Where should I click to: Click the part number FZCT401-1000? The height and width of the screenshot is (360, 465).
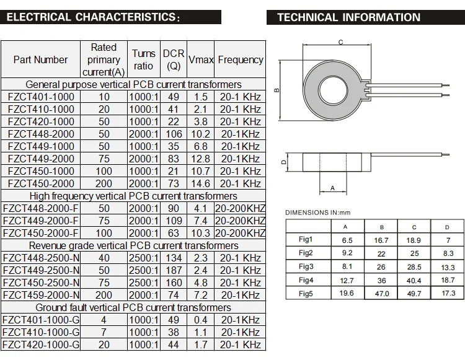point(41,97)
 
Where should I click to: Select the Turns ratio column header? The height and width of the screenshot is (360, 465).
point(143,59)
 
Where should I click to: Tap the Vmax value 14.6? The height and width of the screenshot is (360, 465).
point(200,183)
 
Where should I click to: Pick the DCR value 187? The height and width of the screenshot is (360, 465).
point(174,270)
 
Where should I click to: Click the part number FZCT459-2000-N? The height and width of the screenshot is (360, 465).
point(41,295)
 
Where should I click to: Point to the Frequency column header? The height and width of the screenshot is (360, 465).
point(241,59)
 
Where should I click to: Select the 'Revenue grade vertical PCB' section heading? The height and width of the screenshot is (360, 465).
point(133,245)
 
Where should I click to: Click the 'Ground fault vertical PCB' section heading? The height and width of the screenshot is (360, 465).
point(133,307)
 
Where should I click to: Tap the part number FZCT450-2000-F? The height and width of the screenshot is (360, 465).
point(41,233)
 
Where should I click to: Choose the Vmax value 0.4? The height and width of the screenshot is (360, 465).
point(200,320)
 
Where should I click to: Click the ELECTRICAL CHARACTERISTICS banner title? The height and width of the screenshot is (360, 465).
point(93,17)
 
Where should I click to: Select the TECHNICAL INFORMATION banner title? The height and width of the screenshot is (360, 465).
point(348,17)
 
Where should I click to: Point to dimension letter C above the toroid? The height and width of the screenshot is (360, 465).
point(341,42)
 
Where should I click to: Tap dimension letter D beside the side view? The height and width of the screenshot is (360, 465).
point(283,162)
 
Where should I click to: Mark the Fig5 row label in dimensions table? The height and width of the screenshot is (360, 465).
point(306,293)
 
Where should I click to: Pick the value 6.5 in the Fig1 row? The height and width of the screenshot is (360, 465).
point(348,240)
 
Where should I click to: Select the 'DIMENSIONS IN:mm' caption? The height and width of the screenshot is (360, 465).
point(318,213)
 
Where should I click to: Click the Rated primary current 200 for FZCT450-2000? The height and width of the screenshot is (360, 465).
point(104,183)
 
